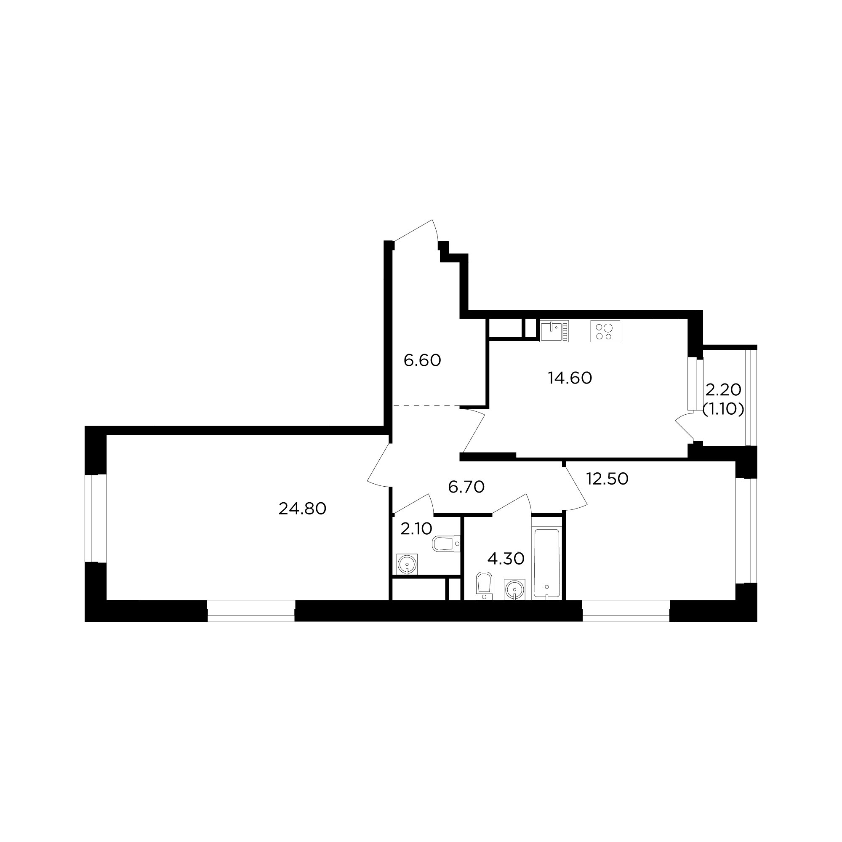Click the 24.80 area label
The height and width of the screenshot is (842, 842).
[x=302, y=509]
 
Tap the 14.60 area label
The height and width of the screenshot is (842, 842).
[x=570, y=378]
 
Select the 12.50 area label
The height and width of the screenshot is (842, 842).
[x=607, y=479]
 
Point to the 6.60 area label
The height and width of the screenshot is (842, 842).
[x=422, y=360]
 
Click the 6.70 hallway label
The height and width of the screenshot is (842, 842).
[x=466, y=487]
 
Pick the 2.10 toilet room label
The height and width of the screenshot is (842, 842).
[x=416, y=529]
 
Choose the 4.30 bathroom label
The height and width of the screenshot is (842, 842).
[x=506, y=558]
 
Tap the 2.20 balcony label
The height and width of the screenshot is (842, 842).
[x=723, y=389]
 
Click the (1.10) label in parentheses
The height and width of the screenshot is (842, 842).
[x=723, y=409]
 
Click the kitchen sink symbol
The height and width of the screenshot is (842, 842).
[x=554, y=331]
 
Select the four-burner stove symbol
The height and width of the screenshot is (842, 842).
[x=605, y=331]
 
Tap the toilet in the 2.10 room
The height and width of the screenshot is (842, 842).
[x=446, y=544]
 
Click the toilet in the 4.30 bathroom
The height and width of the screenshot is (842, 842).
[x=484, y=586]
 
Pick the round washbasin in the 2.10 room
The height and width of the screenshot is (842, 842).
[x=407, y=565]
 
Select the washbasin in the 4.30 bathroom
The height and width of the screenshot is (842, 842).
[x=515, y=590]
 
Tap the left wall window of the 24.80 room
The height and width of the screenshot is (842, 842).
[x=96, y=518]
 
